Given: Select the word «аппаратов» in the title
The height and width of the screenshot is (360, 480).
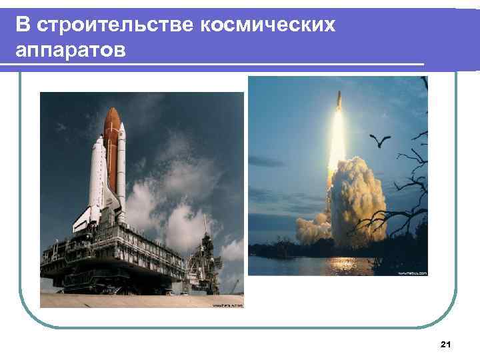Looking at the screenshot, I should coord(70,50).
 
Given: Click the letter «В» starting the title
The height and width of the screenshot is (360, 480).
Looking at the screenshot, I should coord(23,25).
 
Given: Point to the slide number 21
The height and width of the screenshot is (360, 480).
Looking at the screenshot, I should coord(446,344).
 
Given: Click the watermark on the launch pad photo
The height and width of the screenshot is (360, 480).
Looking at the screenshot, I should coord(227,305).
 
